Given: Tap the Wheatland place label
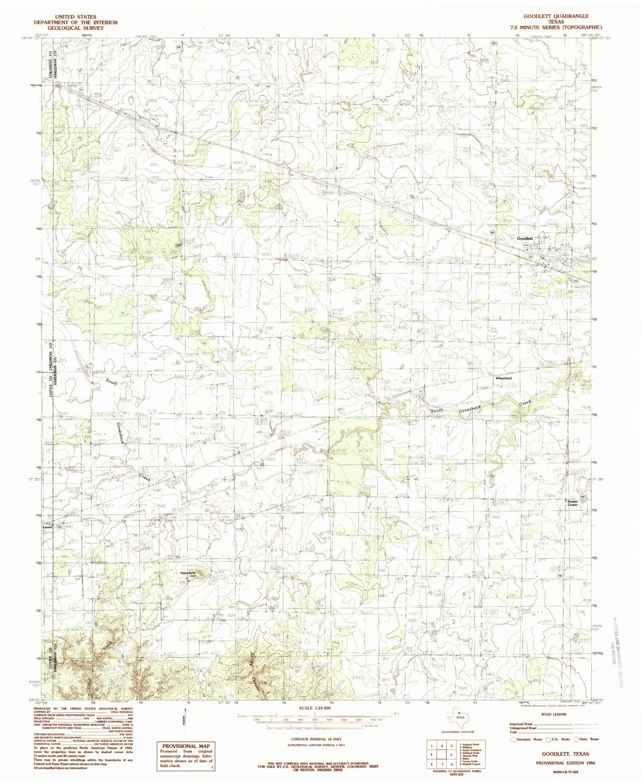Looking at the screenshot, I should pyautogui.click(x=503, y=378).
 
